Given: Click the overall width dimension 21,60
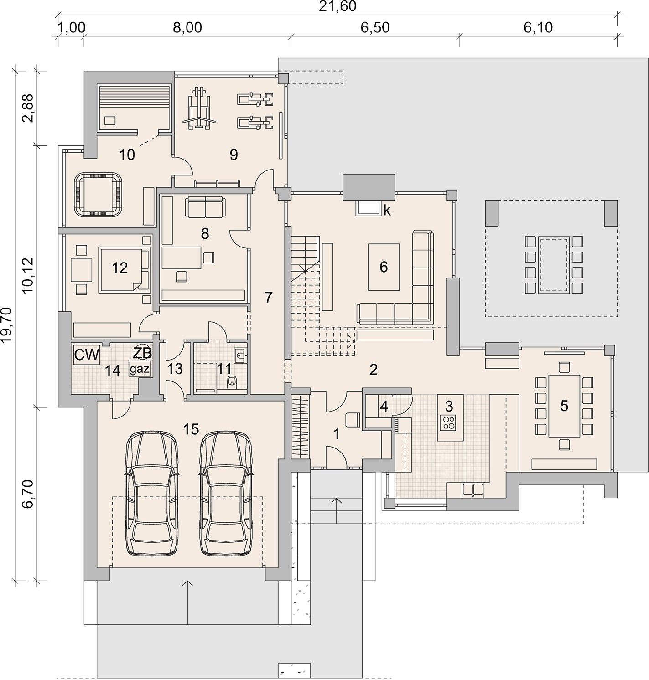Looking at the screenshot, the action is coord(337,6).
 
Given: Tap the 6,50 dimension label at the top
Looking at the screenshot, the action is coord(375,28).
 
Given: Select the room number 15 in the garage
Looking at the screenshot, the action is coord(191,429).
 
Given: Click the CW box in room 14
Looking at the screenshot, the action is coord(87,355).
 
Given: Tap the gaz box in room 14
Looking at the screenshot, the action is coord(140,369).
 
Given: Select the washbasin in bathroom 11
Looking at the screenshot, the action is coord(240,355).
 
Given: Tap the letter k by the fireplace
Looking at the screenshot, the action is coord(387,211).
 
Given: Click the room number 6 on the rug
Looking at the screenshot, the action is coord(384,267).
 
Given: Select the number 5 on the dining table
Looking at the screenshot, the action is coord(564,406).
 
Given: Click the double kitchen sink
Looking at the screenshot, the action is coord(473,489).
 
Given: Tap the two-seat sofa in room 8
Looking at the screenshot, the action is coord(205,207).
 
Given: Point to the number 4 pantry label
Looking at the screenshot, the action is coord(384,407).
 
